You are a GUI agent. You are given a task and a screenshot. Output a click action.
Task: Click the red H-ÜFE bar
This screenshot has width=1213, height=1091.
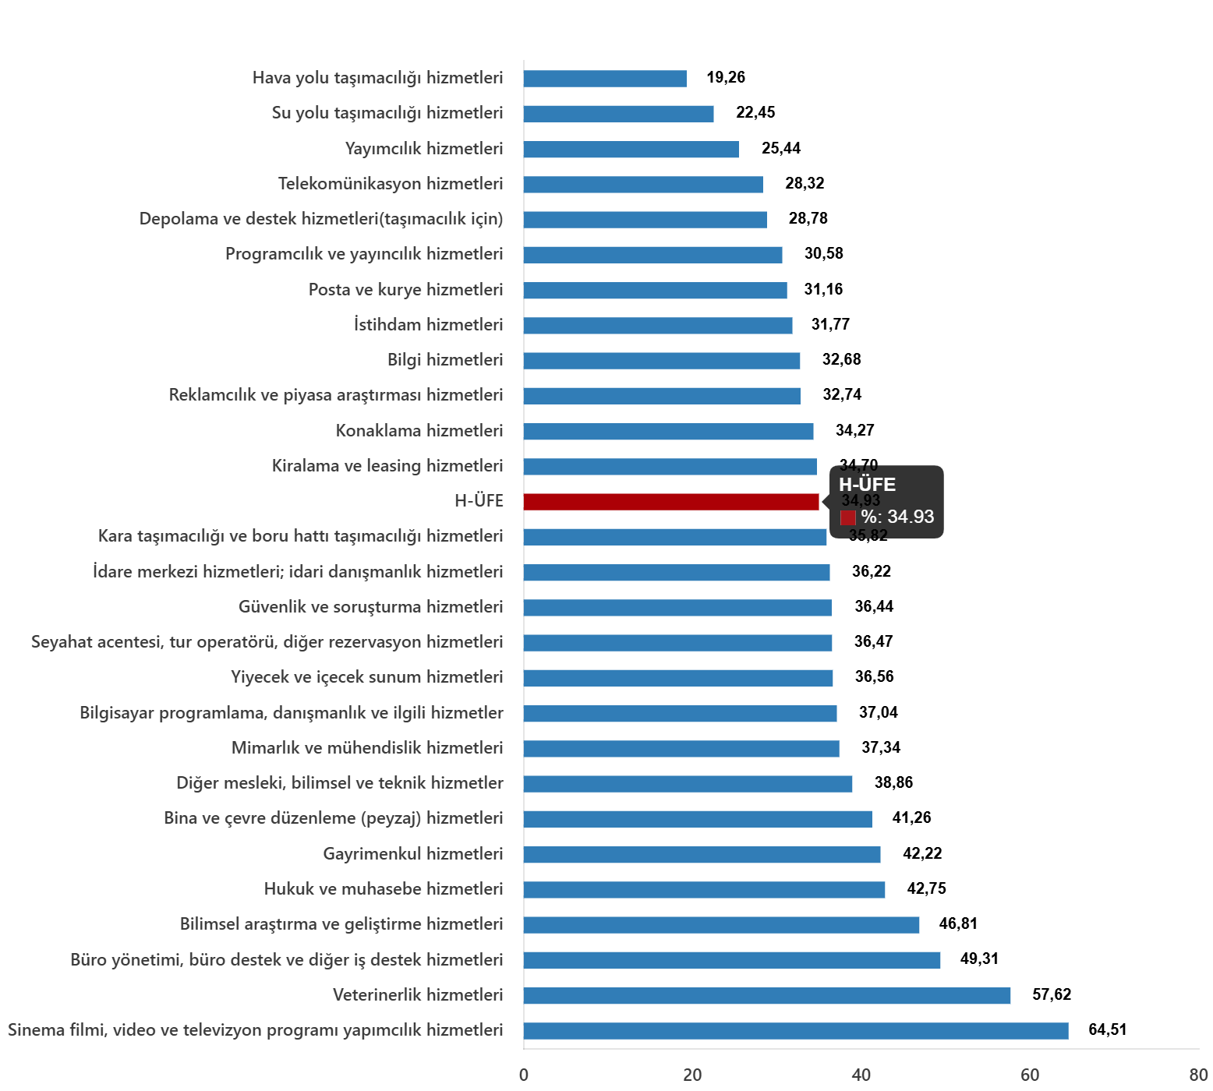670,502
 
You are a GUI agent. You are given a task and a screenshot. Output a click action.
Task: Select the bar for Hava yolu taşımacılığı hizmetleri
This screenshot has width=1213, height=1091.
604,79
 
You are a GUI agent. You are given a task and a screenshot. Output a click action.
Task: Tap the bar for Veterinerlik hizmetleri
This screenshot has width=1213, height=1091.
766,996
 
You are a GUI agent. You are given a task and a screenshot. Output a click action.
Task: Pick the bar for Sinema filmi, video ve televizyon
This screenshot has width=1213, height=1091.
795,1031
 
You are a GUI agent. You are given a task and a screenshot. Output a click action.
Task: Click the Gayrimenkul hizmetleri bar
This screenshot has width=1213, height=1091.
702,855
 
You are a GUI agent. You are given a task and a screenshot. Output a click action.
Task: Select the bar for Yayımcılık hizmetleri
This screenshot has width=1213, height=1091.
631,150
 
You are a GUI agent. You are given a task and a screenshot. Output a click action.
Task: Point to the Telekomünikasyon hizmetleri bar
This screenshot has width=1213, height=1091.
642,185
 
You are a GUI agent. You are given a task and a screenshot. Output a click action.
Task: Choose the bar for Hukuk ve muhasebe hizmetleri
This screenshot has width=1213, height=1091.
704,890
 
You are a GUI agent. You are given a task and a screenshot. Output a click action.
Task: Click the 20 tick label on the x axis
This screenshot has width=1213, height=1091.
692,1075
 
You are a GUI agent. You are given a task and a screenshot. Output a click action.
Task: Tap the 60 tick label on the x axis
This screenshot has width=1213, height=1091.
1030,1075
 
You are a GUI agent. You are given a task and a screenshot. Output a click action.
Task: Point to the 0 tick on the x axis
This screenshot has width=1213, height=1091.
524,1075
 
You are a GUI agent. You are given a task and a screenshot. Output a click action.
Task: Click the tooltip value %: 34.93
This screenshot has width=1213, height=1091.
897,517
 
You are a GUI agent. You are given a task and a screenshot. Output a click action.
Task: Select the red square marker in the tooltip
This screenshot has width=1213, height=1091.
848,518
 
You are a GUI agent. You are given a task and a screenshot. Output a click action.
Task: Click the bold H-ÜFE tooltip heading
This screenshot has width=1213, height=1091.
867,485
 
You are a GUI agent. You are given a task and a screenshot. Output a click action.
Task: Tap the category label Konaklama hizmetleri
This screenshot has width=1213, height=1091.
419,431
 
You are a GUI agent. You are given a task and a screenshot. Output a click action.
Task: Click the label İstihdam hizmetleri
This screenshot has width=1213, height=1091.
428,325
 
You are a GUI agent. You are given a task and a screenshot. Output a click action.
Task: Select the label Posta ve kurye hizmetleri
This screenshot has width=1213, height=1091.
405,290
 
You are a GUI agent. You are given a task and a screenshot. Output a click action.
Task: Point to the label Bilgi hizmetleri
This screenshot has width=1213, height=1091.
445,360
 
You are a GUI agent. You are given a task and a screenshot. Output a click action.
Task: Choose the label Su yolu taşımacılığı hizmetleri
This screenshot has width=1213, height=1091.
387,113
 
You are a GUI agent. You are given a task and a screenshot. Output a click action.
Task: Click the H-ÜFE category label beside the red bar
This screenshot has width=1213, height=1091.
479,501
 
